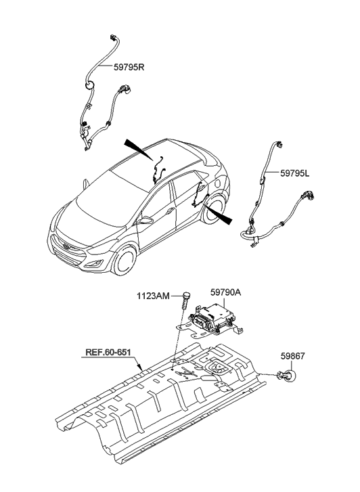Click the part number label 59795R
tap(129, 68)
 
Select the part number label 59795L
tap(295, 173)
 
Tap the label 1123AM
tap(153, 296)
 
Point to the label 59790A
tap(225, 293)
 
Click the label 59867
tap(292, 356)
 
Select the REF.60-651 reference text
tap(108, 353)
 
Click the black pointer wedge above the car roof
tap(139, 150)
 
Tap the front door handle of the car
tap(171, 211)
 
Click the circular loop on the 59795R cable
tap(89, 85)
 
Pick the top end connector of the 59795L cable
tap(279, 145)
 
